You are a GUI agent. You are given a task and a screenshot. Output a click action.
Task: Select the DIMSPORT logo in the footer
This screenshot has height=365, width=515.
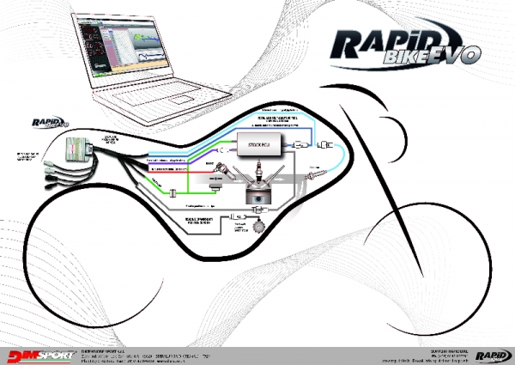click(38, 353)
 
